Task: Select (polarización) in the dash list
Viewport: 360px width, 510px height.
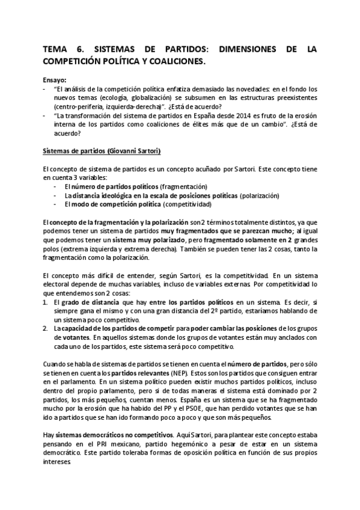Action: (262, 196)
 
